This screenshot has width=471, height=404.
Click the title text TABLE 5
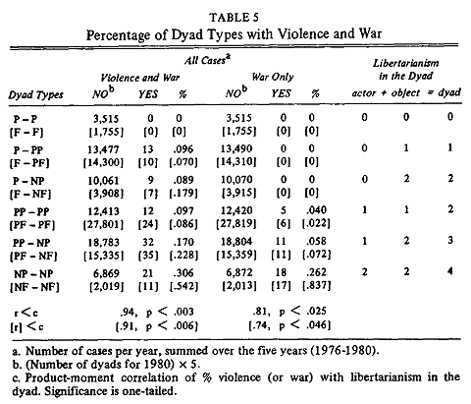(234, 18)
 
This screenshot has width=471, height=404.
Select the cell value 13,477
(103, 149)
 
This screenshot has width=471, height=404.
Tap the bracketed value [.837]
(317, 286)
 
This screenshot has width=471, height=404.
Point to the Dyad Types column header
(35, 95)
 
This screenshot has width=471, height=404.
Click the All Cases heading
(207, 60)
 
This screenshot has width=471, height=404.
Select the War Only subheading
(273, 77)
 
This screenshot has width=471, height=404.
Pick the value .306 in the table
(183, 273)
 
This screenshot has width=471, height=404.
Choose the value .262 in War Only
(316, 272)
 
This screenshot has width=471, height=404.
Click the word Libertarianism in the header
(406, 63)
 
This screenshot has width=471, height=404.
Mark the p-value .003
(183, 312)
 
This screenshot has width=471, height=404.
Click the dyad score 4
(450, 271)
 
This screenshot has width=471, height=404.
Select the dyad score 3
(450, 241)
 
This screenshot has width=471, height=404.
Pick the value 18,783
(103, 243)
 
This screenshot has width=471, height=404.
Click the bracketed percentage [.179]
(183, 193)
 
